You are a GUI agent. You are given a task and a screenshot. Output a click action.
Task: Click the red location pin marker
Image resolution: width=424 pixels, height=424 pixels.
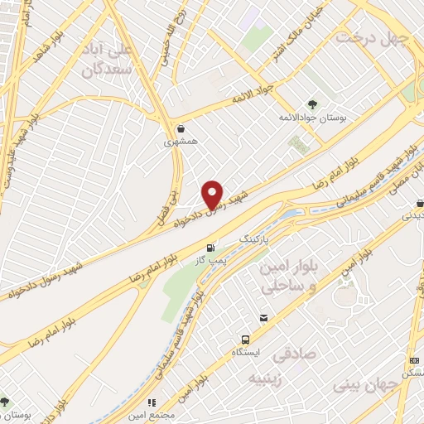[x=213, y=194]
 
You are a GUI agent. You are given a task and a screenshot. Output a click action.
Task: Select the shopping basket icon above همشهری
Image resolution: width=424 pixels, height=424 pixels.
[x=181, y=128]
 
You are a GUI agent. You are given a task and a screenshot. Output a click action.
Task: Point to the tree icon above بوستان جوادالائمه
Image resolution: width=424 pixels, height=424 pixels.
[x=312, y=104]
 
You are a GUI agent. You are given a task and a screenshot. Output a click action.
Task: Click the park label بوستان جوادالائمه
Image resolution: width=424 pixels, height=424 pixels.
[x=313, y=119]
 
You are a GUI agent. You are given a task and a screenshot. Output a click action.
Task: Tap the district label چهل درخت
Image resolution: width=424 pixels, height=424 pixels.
[x=372, y=37]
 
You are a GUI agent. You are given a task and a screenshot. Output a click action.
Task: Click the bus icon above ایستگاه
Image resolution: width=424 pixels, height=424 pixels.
[x=245, y=340]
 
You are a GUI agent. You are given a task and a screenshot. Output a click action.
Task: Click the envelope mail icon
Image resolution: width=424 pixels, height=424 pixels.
[x=263, y=317]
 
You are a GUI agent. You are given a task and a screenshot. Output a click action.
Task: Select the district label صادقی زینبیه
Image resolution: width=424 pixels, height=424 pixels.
[x=279, y=367]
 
